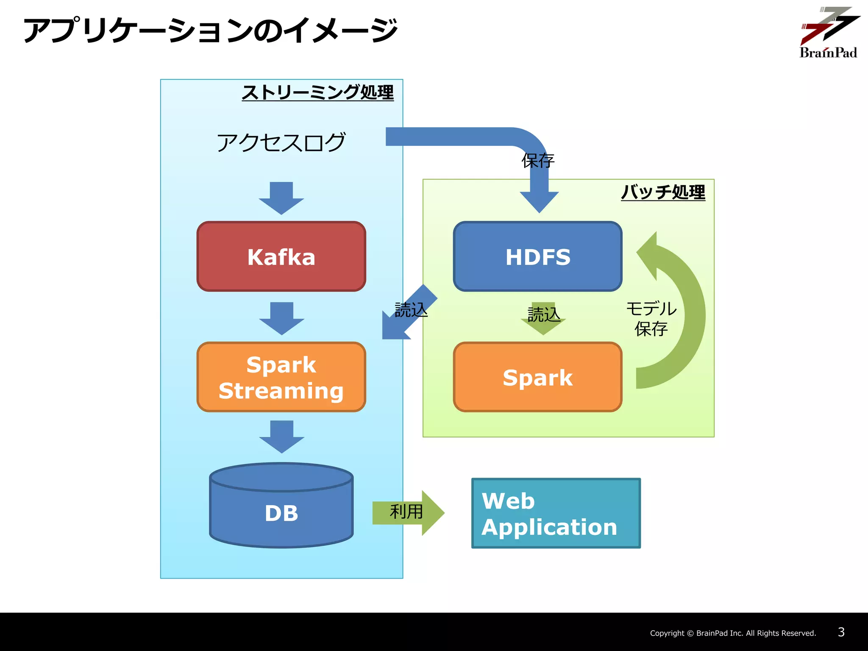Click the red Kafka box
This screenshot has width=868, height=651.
[281, 256]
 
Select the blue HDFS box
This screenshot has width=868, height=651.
[537, 256]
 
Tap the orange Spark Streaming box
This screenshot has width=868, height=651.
[281, 377]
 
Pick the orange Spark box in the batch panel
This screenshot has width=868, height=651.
[537, 377]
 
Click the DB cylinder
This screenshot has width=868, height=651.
[281, 509]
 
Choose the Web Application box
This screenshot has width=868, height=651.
[556, 513]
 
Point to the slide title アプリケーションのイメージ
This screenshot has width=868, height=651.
[211, 31]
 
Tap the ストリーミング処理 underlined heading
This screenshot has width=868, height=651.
[317, 92]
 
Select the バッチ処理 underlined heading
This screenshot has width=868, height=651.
[663, 192]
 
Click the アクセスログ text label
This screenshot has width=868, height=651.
[281, 142]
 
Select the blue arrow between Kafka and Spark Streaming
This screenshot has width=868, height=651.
[281, 318]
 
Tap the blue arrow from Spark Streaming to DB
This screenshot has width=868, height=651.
[281, 437]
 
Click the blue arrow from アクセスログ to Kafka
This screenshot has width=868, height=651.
[281, 198]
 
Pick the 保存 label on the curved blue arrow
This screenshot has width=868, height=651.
[537, 161]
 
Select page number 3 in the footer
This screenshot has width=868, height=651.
[841, 632]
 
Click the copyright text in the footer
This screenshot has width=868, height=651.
[733, 633]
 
